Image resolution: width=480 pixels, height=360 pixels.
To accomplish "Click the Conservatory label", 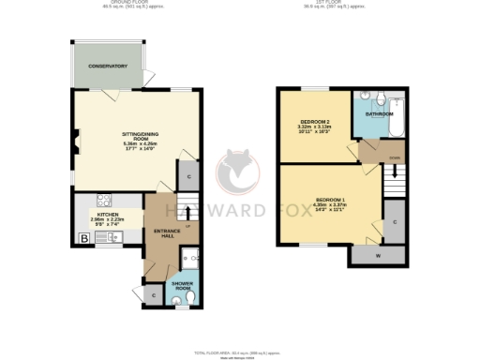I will tap(108, 66).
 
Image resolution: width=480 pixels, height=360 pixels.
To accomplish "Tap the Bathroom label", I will tap(379, 113).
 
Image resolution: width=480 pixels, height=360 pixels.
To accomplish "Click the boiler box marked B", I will tap(84, 239).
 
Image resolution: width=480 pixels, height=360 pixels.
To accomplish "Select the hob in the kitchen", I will tap(102, 199).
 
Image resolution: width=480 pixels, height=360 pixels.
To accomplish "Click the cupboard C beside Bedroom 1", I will tap(395, 221).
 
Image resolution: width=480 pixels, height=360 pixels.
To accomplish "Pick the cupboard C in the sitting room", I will tap(188, 176).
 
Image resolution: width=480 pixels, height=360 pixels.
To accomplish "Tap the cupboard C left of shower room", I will tap(154, 294).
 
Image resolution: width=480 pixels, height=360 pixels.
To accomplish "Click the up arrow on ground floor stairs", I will tap(187, 217).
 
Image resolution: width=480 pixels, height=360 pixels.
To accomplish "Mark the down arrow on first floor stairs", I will tap(394, 172).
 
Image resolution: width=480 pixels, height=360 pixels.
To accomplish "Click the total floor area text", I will tap(239, 352).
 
